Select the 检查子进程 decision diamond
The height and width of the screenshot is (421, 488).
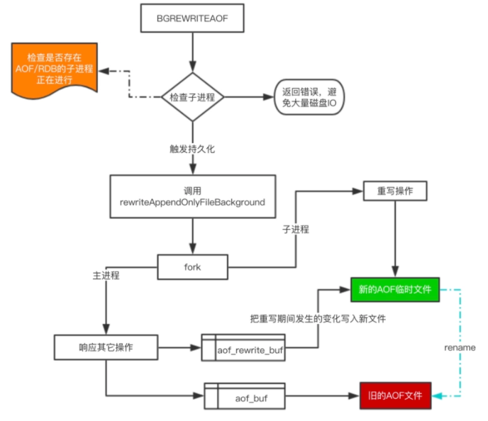click(192, 96)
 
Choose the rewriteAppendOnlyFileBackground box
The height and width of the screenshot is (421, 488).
click(192, 196)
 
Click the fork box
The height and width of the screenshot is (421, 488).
click(192, 267)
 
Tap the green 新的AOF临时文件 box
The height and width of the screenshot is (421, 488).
click(395, 289)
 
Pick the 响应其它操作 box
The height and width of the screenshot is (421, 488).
click(105, 347)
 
